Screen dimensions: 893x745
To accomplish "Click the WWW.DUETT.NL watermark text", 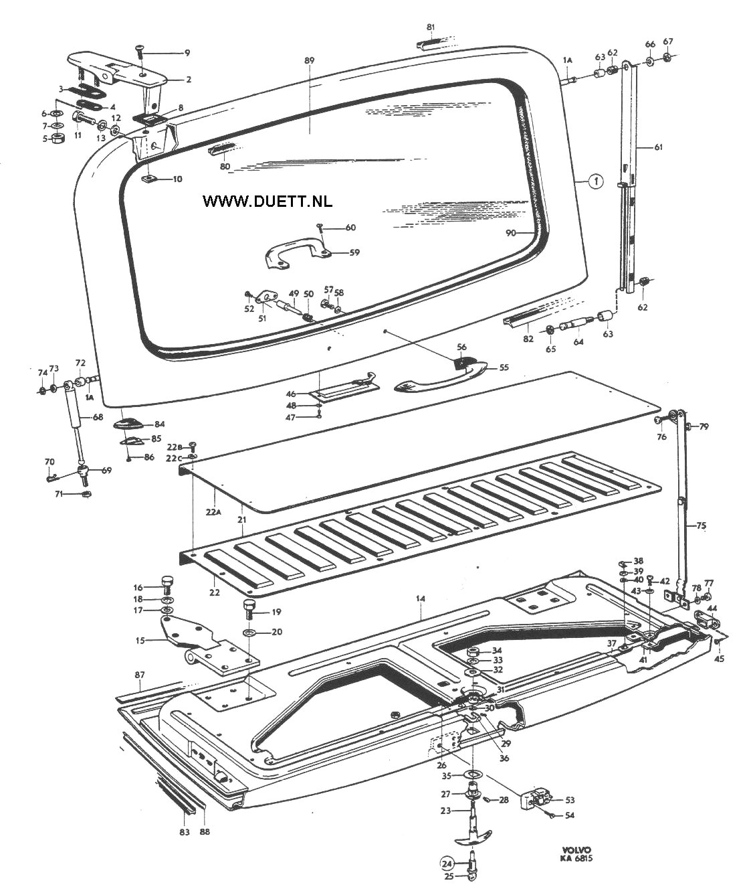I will pyautogui.click(x=268, y=200).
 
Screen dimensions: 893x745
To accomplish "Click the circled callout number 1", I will pyautogui.click(x=595, y=181).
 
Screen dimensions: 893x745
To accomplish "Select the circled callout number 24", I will pyautogui.click(x=447, y=863).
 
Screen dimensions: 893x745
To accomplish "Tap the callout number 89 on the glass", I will pyautogui.click(x=308, y=61).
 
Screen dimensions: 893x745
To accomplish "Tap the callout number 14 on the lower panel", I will pyautogui.click(x=420, y=598).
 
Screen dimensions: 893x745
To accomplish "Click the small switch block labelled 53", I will pyautogui.click(x=539, y=799).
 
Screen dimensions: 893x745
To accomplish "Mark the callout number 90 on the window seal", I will pyautogui.click(x=511, y=232).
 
